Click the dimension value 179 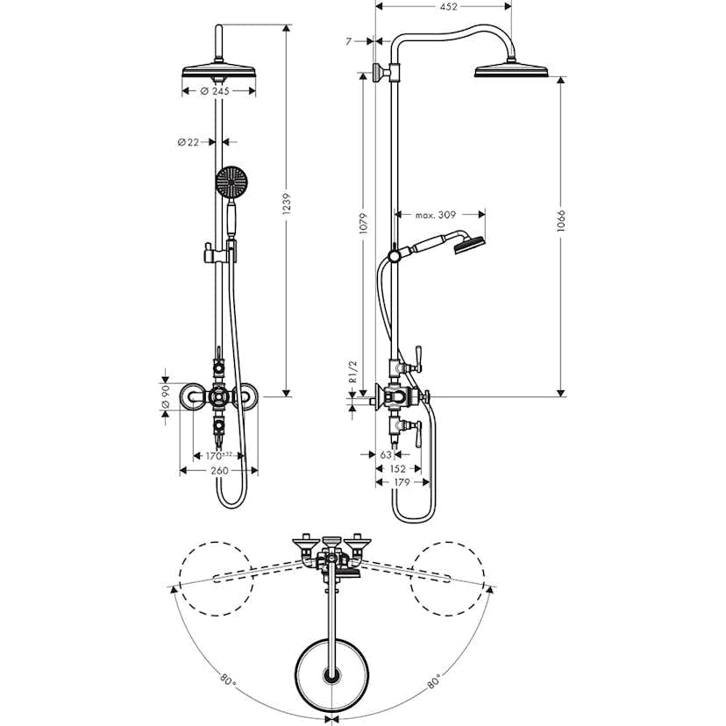pyautogui.click(x=402, y=482)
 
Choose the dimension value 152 pyautogui.click(x=396, y=469)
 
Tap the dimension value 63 pyautogui.click(x=387, y=455)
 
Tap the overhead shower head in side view pyautogui.click(x=510, y=71)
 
